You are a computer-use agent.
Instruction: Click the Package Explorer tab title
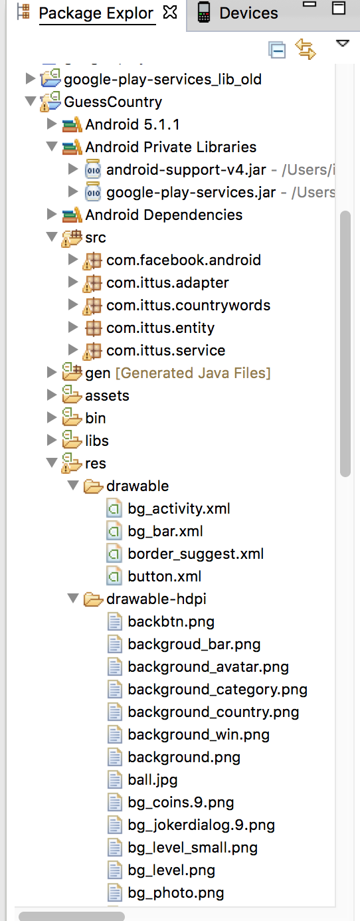click(96, 13)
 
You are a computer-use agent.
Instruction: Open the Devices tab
click(248, 13)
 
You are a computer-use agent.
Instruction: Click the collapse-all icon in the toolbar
click(277, 50)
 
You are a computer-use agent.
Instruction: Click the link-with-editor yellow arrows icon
click(306, 49)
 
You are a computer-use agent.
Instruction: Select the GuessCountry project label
click(113, 102)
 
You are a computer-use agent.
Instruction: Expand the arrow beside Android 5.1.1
click(51, 124)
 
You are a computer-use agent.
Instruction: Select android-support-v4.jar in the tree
click(186, 170)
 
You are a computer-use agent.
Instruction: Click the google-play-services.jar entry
click(191, 193)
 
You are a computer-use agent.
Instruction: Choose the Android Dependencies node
click(164, 215)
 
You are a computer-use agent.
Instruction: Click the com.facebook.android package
click(184, 260)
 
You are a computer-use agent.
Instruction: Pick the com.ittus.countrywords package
click(188, 306)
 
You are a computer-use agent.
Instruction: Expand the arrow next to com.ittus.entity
click(73, 328)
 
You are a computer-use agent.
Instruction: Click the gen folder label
click(98, 373)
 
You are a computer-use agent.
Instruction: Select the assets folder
click(107, 395)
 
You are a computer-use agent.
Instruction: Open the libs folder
click(97, 441)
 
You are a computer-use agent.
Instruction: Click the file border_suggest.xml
click(196, 554)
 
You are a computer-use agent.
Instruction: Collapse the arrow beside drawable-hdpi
click(73, 598)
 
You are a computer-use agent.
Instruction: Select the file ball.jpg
click(153, 780)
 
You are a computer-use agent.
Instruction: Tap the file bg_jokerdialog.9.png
click(201, 825)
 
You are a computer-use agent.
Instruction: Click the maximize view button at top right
click(339, 8)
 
